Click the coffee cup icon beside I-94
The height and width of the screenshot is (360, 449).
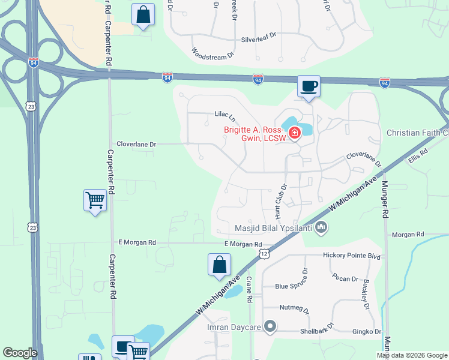tap(309, 86)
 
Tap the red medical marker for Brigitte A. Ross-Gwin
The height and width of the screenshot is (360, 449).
tap(295, 133)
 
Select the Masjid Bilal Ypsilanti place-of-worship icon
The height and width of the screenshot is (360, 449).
tap(322, 227)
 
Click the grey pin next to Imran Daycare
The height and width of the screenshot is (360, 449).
tap(270, 327)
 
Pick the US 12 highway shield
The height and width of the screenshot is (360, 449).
tap(264, 254)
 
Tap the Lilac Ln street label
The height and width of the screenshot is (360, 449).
tap(224, 114)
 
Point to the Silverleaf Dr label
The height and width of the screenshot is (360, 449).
tap(259, 36)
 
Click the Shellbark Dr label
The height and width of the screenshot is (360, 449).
tap(304, 331)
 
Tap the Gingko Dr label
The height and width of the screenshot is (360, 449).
tap(370, 331)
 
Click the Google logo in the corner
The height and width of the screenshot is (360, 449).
tap(20, 353)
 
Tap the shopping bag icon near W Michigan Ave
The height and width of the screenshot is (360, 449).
tap(219, 265)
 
